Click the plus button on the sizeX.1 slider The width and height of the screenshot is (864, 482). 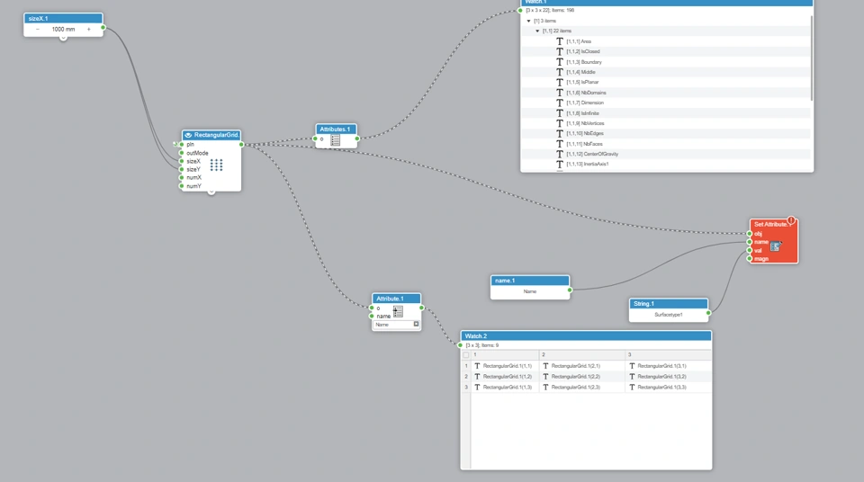[89, 30]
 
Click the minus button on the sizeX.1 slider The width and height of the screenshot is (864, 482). [38, 30]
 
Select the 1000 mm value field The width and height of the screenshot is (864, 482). [63, 30]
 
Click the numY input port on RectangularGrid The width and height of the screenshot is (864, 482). [182, 186]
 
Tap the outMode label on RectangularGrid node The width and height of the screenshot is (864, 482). [197, 153]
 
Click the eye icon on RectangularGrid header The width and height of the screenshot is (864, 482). [188, 135]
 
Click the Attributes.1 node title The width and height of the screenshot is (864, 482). [336, 129]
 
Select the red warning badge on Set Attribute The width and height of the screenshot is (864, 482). [792, 220]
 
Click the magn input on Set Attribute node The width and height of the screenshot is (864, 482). [750, 258]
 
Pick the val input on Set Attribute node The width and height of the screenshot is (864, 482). [750, 250]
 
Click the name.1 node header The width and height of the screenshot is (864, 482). [530, 281]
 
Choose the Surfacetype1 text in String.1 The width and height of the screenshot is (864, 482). [669, 315]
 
